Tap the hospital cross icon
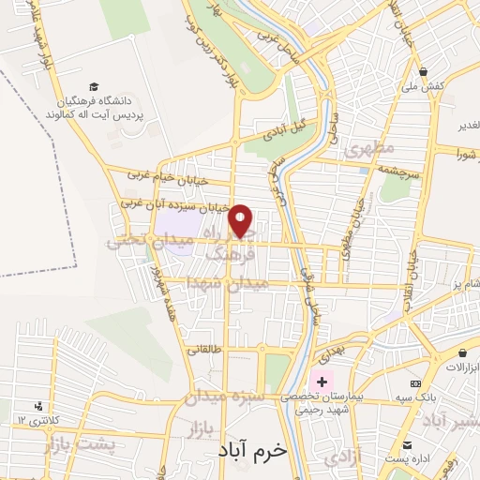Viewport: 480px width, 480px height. pos(322,382)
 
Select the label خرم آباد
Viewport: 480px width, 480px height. pos(254,450)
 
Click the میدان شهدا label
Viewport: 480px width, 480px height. pos(227,281)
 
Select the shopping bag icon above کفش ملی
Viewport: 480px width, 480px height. pos(424,71)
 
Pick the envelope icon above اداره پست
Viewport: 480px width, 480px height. pos(407,444)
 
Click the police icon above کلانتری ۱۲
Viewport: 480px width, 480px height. pos(38,406)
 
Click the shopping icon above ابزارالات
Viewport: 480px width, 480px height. pos(463,352)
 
